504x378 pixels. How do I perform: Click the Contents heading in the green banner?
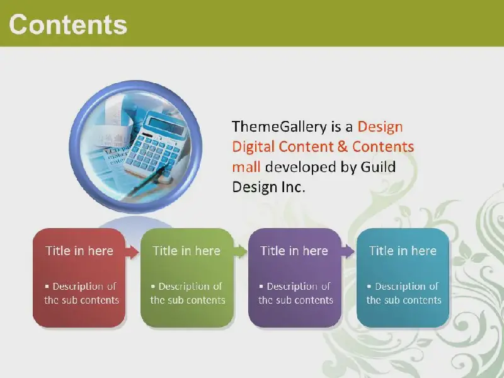pos(68,25)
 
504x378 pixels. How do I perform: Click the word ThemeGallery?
pos(279,127)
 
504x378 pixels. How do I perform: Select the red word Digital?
pos(253,147)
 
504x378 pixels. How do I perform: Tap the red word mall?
pos(246,167)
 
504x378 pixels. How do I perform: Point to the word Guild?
pos(378,167)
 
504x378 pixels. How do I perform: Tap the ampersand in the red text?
pos(343,147)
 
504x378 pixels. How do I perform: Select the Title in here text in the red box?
pos(79,251)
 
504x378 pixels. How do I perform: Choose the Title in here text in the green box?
pos(186,251)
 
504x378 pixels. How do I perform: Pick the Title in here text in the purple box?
pos(294,251)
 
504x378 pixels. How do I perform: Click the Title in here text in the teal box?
pos(403,251)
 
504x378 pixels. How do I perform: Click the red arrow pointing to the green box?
pos(132,251)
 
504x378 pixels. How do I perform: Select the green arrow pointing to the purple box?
pos(240,251)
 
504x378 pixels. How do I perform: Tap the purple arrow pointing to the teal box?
pos(348,251)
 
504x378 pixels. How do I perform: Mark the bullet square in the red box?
pos(47,286)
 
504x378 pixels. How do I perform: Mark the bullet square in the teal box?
pos(369,286)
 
